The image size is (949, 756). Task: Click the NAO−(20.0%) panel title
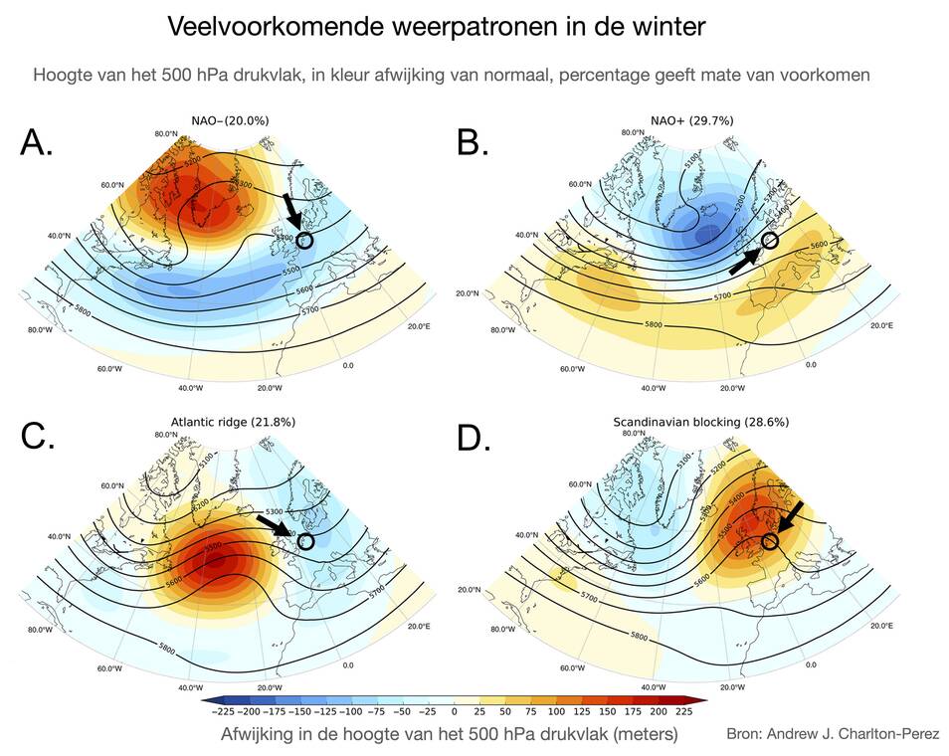tap(231, 120)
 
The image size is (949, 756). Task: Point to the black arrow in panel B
tap(746, 261)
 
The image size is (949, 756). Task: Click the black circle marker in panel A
tap(304, 240)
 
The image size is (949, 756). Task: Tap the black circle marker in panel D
tap(769, 541)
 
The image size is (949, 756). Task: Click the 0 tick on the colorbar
tap(454, 712)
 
